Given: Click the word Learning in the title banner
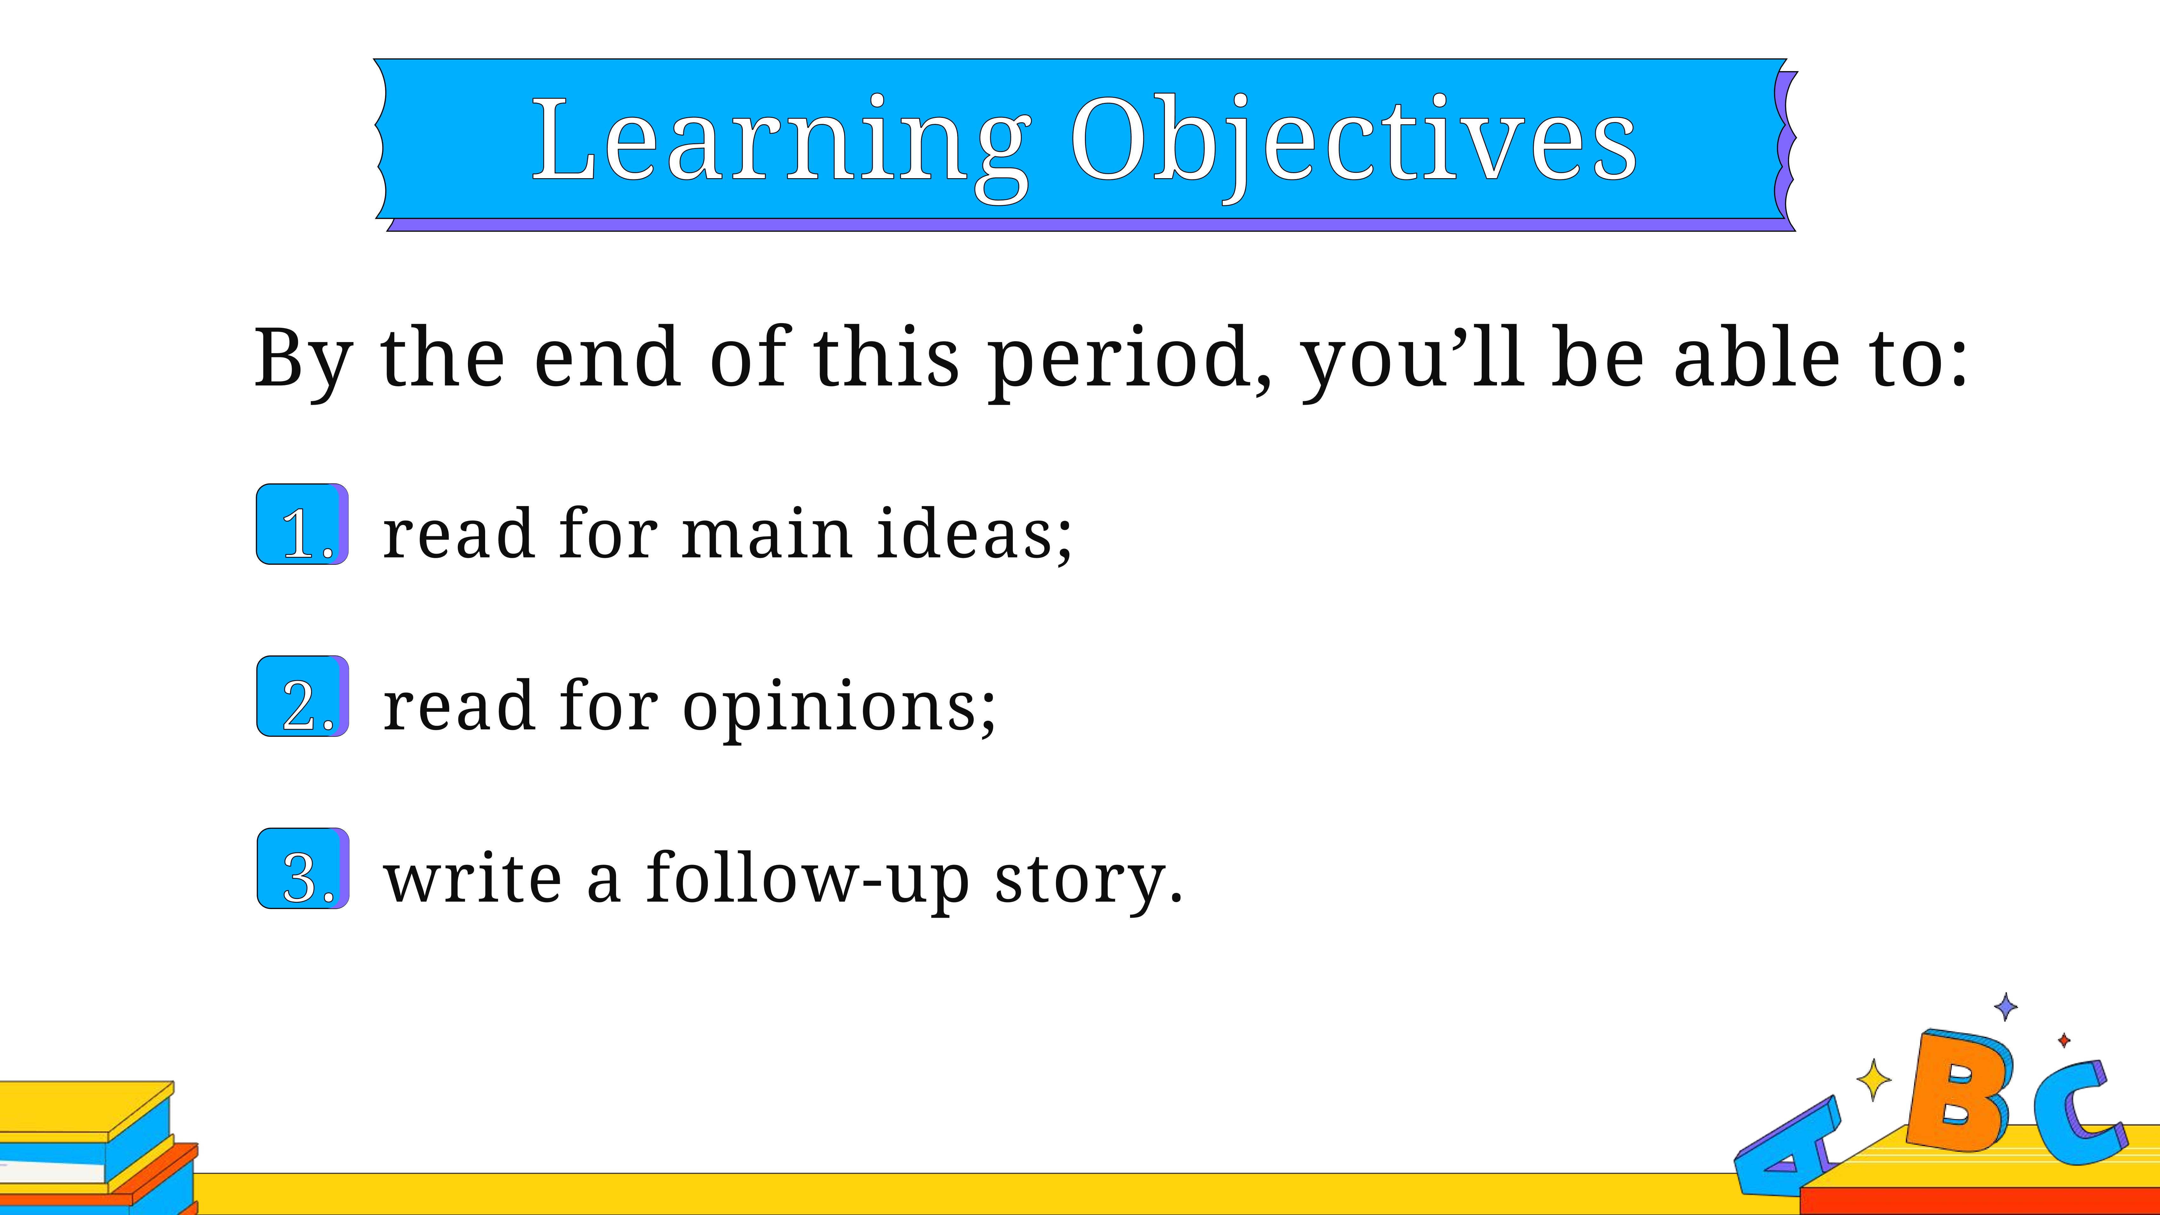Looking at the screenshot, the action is (782, 143).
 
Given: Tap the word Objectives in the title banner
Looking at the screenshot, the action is (1353, 143).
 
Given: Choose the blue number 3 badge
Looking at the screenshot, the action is (303, 868).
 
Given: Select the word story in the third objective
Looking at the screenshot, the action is (1088, 882).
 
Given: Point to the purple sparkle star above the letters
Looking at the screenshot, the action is (2006, 1006).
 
